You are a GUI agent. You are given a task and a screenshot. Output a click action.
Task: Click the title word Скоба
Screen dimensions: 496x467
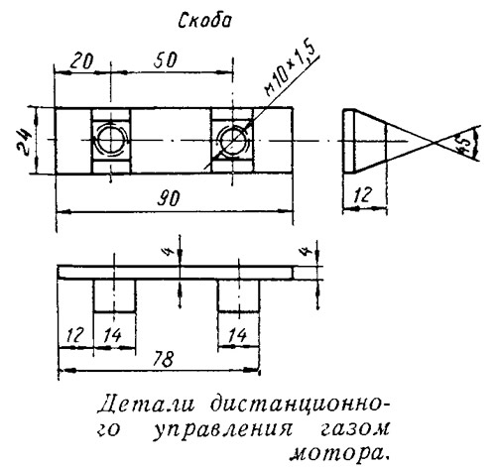205,21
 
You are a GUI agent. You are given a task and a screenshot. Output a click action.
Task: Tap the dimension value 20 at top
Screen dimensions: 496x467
81,61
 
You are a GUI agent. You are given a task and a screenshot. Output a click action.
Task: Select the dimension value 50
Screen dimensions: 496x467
166,59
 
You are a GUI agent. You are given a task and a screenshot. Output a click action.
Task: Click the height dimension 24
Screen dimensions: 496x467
24,140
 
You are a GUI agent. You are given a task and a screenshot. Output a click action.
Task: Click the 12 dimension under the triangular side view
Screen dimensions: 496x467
363,195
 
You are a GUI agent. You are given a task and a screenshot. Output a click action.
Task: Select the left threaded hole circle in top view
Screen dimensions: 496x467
111,140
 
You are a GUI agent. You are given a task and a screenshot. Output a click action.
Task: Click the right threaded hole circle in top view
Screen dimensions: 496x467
232,140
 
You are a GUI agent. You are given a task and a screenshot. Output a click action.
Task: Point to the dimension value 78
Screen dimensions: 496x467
164,359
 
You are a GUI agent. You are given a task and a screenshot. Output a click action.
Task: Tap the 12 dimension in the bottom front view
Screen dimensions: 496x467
74,335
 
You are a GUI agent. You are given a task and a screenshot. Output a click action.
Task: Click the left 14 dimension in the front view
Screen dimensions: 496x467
112,335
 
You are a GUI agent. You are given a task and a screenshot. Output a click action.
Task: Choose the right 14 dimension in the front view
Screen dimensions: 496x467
237,335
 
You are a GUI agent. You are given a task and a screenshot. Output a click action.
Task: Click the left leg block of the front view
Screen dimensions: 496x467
114,295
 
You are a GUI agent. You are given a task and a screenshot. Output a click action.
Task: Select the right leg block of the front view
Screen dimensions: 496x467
238,295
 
